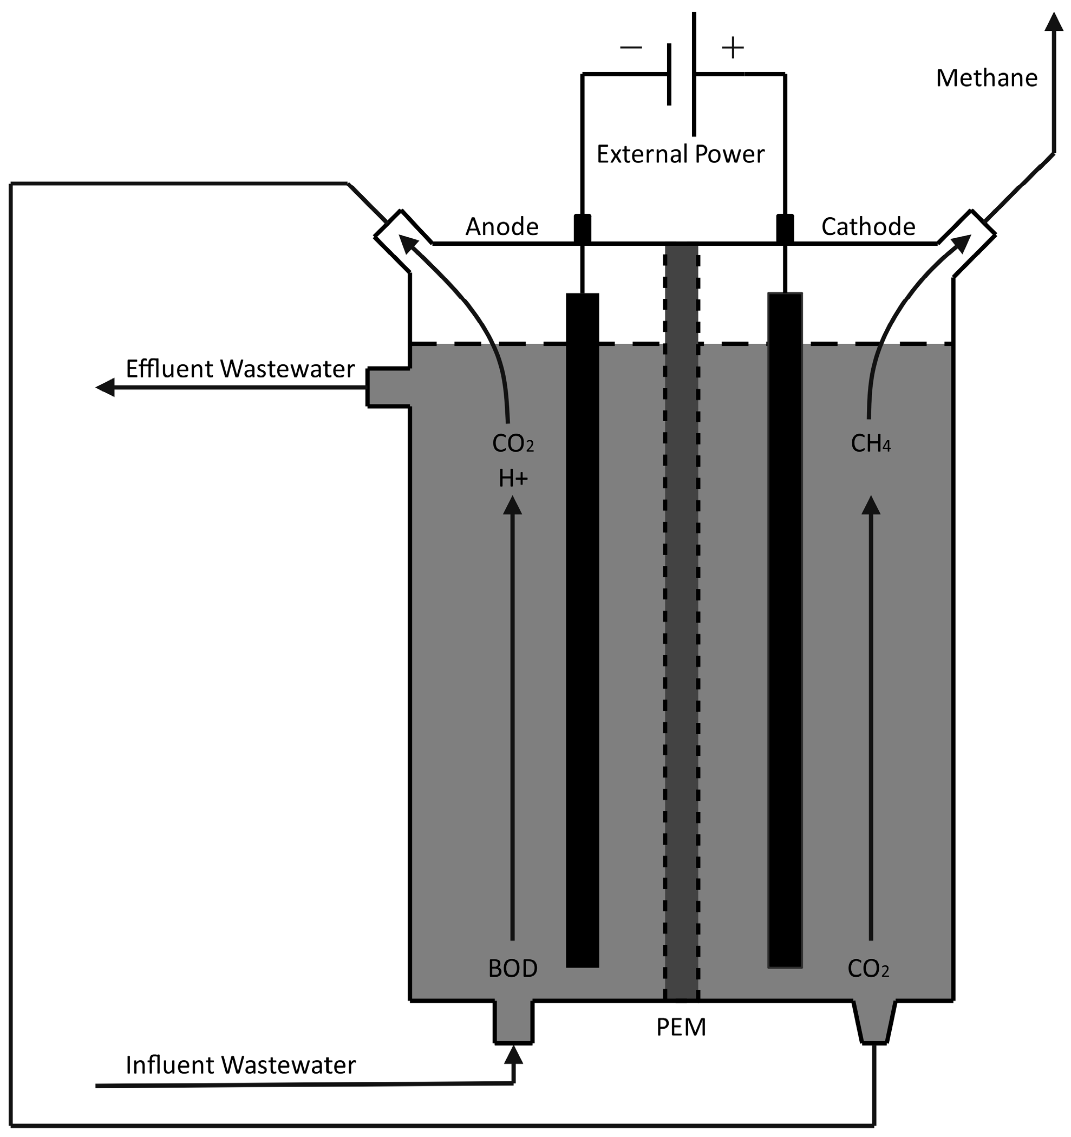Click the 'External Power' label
680,154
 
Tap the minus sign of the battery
631,48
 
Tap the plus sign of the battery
733,48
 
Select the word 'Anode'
501,227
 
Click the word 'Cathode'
868,227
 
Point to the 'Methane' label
987,79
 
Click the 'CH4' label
870,444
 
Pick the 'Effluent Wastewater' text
240,369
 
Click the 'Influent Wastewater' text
240,1066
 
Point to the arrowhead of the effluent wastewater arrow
105,388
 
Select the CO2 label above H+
513,444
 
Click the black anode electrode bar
582,629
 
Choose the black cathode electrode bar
785,629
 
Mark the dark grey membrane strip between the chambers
681,629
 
